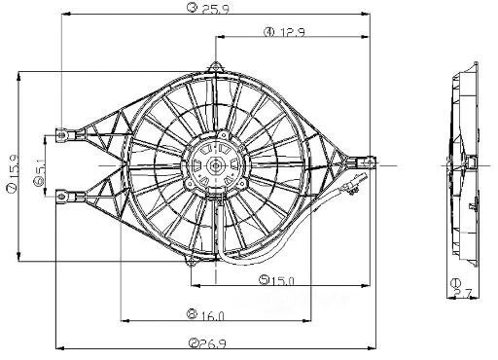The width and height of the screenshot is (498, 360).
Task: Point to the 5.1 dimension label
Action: coord(39,165)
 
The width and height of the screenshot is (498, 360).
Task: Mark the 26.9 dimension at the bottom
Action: coord(206,343)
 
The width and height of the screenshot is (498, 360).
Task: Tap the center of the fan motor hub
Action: coord(214,167)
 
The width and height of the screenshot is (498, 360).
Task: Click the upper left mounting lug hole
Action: coord(61,135)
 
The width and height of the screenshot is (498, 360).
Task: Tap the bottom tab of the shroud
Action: coord(192,260)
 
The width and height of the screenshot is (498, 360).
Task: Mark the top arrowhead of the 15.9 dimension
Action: coord(19,74)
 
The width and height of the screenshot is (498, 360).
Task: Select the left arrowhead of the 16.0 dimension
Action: coord(122,318)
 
